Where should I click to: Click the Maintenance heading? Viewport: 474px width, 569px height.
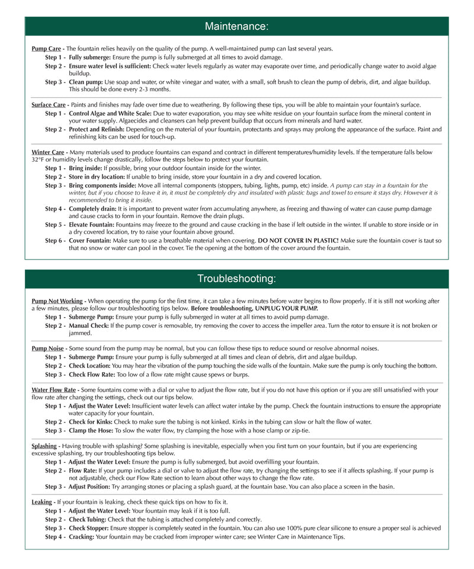click(x=236, y=26)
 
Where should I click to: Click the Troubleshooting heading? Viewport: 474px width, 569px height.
click(x=236, y=279)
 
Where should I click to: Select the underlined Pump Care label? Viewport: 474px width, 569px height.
click(x=47, y=49)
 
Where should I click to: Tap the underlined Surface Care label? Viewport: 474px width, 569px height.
click(x=49, y=105)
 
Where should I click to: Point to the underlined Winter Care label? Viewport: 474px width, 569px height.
click(x=48, y=152)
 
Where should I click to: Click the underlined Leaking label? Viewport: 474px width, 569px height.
click(x=42, y=502)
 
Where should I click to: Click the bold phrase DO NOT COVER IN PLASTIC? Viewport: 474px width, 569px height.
click(x=298, y=240)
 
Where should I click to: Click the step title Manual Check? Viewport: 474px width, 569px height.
click(x=91, y=325)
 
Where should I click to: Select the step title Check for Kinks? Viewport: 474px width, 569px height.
click(x=91, y=422)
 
